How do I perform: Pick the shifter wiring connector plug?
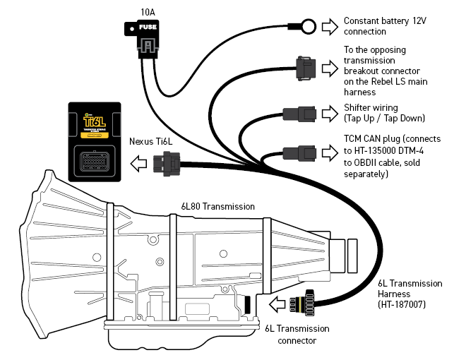295,113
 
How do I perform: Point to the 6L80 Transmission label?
215,207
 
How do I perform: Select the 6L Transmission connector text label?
297,334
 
